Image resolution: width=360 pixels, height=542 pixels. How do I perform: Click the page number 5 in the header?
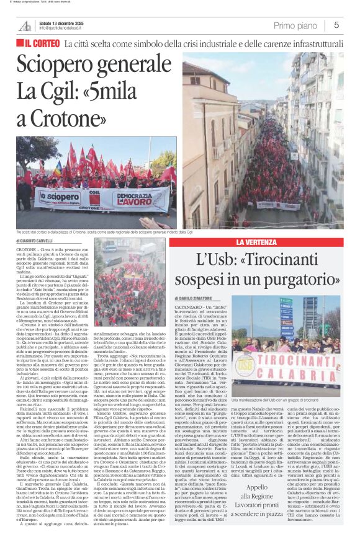point(336,25)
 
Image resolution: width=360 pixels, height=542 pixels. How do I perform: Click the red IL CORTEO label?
point(39,45)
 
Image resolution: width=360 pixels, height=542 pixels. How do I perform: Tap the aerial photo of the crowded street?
point(270,149)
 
